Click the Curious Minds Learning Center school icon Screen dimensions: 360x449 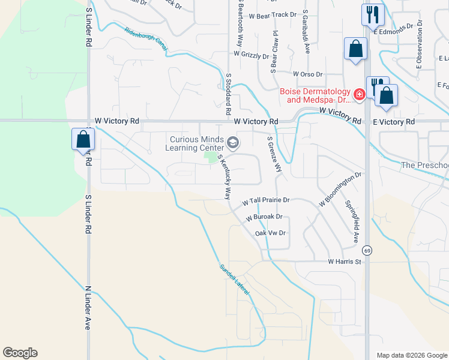pyautogui.click(x=233, y=143)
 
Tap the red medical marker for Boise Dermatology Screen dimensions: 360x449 pyautogui.click(x=359, y=94)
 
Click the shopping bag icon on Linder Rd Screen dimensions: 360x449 pyautogui.click(x=83, y=139)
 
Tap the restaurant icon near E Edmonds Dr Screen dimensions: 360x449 pyautogui.click(x=372, y=14)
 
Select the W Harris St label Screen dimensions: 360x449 pyautogui.click(x=345, y=262)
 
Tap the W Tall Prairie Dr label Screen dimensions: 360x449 pyautogui.click(x=266, y=200)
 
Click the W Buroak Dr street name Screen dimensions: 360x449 pyautogui.click(x=264, y=217)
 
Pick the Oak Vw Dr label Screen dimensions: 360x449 pyautogui.click(x=270, y=233)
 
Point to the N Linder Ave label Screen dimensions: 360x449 pyautogui.click(x=87, y=307)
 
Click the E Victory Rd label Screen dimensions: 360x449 pyautogui.click(x=393, y=122)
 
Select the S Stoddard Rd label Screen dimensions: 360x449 pyautogui.click(x=229, y=94)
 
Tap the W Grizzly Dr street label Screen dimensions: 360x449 pyautogui.click(x=252, y=55)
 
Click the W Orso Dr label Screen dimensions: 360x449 pyautogui.click(x=308, y=74)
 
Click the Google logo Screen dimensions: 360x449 pyautogui.click(x=20, y=353)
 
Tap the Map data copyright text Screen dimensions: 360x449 pyautogui.click(x=412, y=355)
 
